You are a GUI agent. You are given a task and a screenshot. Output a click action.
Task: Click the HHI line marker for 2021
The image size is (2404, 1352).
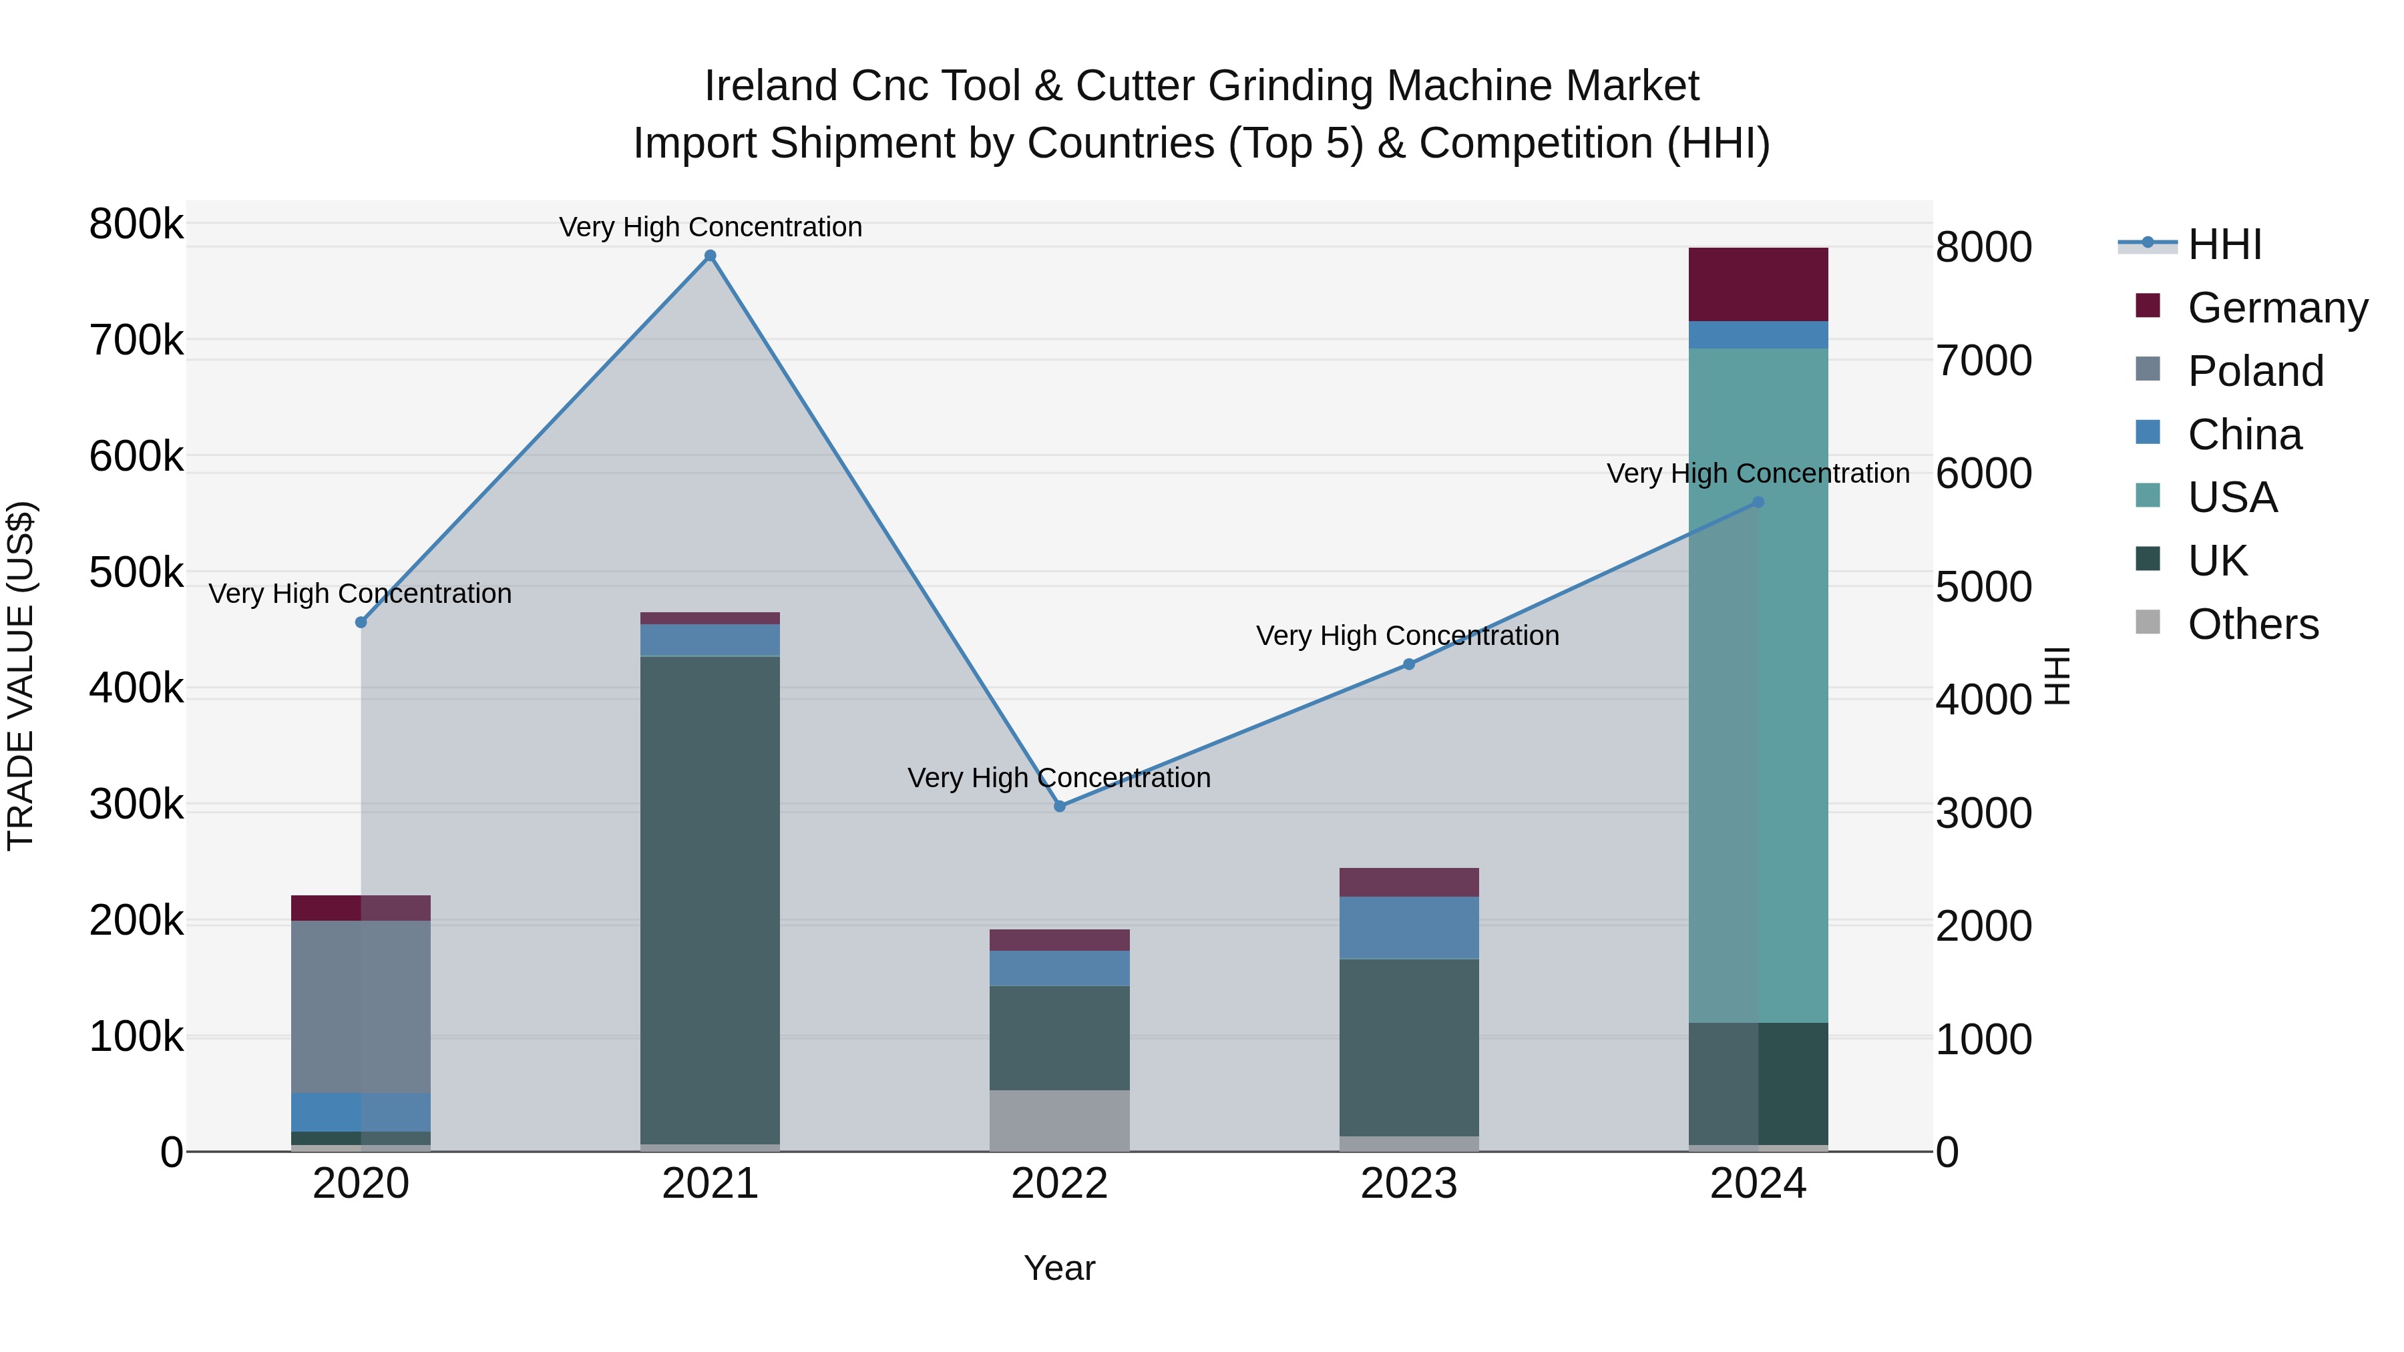711,256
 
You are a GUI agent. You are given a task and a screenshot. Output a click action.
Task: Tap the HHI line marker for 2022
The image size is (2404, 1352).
1059,806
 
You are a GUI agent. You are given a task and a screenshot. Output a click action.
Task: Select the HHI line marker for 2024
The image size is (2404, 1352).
1758,502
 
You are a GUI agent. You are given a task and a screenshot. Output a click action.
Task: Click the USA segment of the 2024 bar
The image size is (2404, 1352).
1758,686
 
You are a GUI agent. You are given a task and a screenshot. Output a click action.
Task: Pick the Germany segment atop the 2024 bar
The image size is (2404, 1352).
1758,284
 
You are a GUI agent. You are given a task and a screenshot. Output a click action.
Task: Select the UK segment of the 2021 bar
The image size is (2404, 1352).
711,901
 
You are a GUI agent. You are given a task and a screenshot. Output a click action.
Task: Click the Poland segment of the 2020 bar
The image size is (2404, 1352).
361,1007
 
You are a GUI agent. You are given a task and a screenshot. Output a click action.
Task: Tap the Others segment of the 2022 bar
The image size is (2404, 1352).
1059,1120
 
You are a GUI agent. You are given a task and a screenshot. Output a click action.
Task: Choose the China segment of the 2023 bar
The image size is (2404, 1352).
1409,927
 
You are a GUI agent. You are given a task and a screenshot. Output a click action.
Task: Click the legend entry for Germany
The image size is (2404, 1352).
2277,308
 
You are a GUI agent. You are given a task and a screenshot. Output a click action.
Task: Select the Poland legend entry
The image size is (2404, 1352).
2254,371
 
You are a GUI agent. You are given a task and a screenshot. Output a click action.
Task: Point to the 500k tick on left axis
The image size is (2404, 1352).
136,573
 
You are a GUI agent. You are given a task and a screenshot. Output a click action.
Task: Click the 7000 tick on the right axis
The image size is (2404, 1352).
1983,361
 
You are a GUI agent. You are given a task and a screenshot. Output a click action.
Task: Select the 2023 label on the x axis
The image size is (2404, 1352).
1409,1184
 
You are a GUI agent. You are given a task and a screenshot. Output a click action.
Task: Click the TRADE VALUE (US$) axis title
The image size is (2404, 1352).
21,676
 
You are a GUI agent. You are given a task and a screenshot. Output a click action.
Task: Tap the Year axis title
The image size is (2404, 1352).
1059,1268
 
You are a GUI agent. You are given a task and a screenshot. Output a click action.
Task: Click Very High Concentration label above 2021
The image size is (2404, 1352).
711,227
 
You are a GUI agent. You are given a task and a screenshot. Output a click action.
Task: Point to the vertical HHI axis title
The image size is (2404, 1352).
2057,676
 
